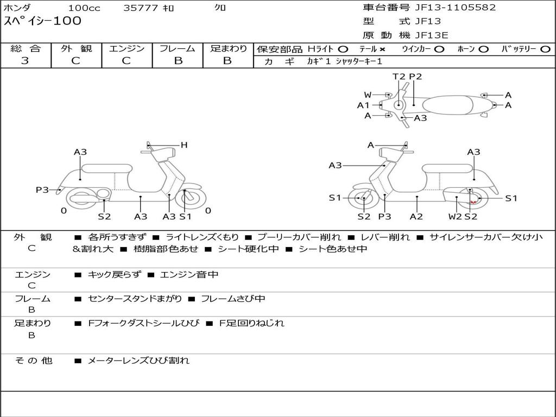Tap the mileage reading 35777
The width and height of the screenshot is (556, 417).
coord(141,8)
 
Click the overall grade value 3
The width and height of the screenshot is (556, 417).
coord(25,61)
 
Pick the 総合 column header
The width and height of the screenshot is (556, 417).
coord(26,48)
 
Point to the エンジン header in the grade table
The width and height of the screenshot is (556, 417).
coord(127,48)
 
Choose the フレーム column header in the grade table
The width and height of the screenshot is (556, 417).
coord(178,48)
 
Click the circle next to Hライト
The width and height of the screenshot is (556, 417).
coord(343,49)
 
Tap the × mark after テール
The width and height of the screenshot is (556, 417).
coord(382,49)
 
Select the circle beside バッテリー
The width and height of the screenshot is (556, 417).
coord(545,49)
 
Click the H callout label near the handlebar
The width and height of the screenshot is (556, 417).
coord(184,145)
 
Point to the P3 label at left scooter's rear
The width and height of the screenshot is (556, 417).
coord(42,189)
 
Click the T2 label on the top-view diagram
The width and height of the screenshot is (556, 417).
coord(399,77)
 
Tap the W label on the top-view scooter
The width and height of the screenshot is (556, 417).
coord(368,95)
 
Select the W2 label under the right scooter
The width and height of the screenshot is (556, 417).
coord(454,216)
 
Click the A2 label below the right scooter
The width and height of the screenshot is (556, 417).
coord(416,216)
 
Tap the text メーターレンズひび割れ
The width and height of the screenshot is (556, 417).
coord(138,360)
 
